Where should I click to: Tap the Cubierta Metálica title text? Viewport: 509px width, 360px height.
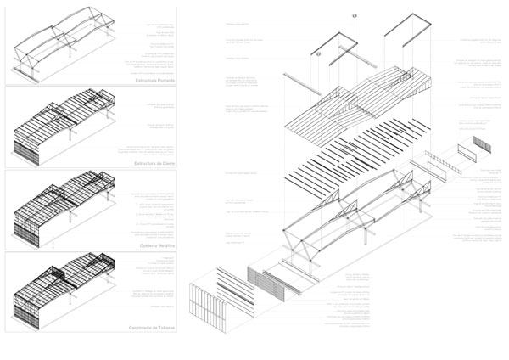[x=153, y=245]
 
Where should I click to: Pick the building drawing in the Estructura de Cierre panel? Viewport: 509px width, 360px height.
[x=64, y=127]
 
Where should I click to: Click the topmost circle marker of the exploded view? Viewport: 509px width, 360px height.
[x=350, y=15]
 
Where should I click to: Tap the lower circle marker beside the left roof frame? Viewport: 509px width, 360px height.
[x=318, y=53]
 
